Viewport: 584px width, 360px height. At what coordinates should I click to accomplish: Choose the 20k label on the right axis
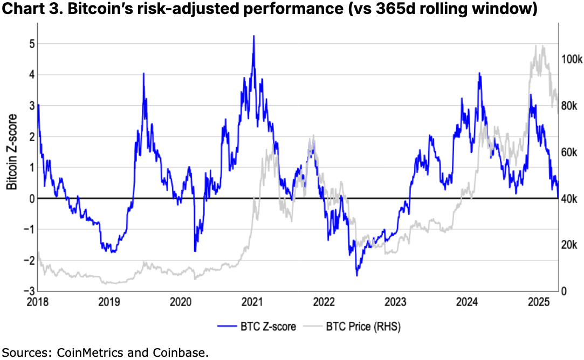click(569, 245)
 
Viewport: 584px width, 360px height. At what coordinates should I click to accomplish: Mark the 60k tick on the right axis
click(569, 152)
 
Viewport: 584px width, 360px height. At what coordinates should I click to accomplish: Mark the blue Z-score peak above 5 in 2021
click(253, 36)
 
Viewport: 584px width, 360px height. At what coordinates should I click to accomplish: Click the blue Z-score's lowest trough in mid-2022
click(357, 275)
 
